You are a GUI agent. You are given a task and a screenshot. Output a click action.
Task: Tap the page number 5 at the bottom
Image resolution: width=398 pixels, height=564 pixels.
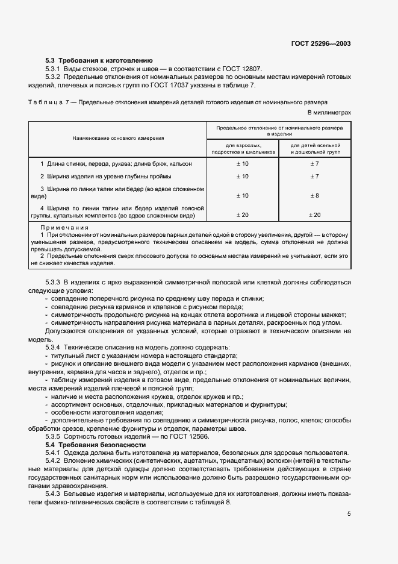pyautogui.click(x=349, y=514)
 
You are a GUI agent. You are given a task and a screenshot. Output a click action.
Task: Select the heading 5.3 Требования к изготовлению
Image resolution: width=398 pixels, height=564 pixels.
pyautogui.click(x=99, y=60)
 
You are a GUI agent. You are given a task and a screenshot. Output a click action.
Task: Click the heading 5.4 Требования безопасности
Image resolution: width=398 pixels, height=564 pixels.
pyautogui.click(x=96, y=444)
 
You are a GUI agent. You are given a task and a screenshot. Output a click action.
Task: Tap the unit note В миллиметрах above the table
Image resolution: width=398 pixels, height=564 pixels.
pyautogui.click(x=329, y=112)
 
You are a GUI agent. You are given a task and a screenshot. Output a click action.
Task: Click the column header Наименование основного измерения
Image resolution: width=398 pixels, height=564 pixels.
pyautogui.click(x=118, y=139)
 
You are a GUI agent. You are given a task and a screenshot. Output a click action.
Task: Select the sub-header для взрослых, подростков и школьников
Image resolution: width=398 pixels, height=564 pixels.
pyautogui.click(x=243, y=149)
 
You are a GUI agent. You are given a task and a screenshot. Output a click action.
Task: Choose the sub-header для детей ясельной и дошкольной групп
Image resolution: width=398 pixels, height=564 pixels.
pyautogui.click(x=316, y=149)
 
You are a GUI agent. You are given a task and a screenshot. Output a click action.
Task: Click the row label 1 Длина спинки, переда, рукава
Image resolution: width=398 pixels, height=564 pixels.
pyautogui.click(x=116, y=164)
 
